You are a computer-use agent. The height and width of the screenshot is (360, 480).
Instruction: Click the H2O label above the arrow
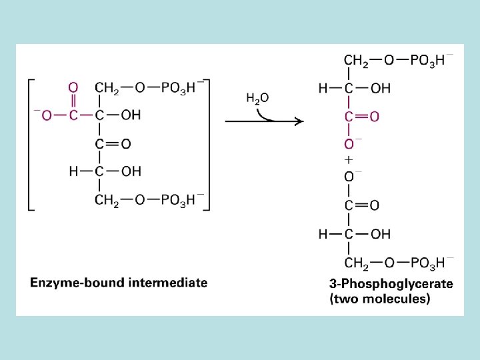tap(257, 99)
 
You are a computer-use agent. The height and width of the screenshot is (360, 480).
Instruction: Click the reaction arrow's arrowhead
tap(298, 121)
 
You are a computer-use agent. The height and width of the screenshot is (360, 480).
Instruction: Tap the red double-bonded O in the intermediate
tap(73, 87)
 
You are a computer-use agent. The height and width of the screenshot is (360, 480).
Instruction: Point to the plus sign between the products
tap(349, 160)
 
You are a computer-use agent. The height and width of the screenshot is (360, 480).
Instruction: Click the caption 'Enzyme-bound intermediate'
tap(119, 283)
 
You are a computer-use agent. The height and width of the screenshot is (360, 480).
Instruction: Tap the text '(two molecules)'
tap(380, 299)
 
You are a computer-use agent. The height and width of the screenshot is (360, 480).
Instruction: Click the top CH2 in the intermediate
tap(107, 87)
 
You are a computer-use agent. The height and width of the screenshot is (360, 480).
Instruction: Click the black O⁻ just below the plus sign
tap(351, 177)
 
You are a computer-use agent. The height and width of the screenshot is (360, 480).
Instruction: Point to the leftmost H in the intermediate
tap(73, 171)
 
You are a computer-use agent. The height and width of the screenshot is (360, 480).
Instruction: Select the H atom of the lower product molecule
tap(323, 234)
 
